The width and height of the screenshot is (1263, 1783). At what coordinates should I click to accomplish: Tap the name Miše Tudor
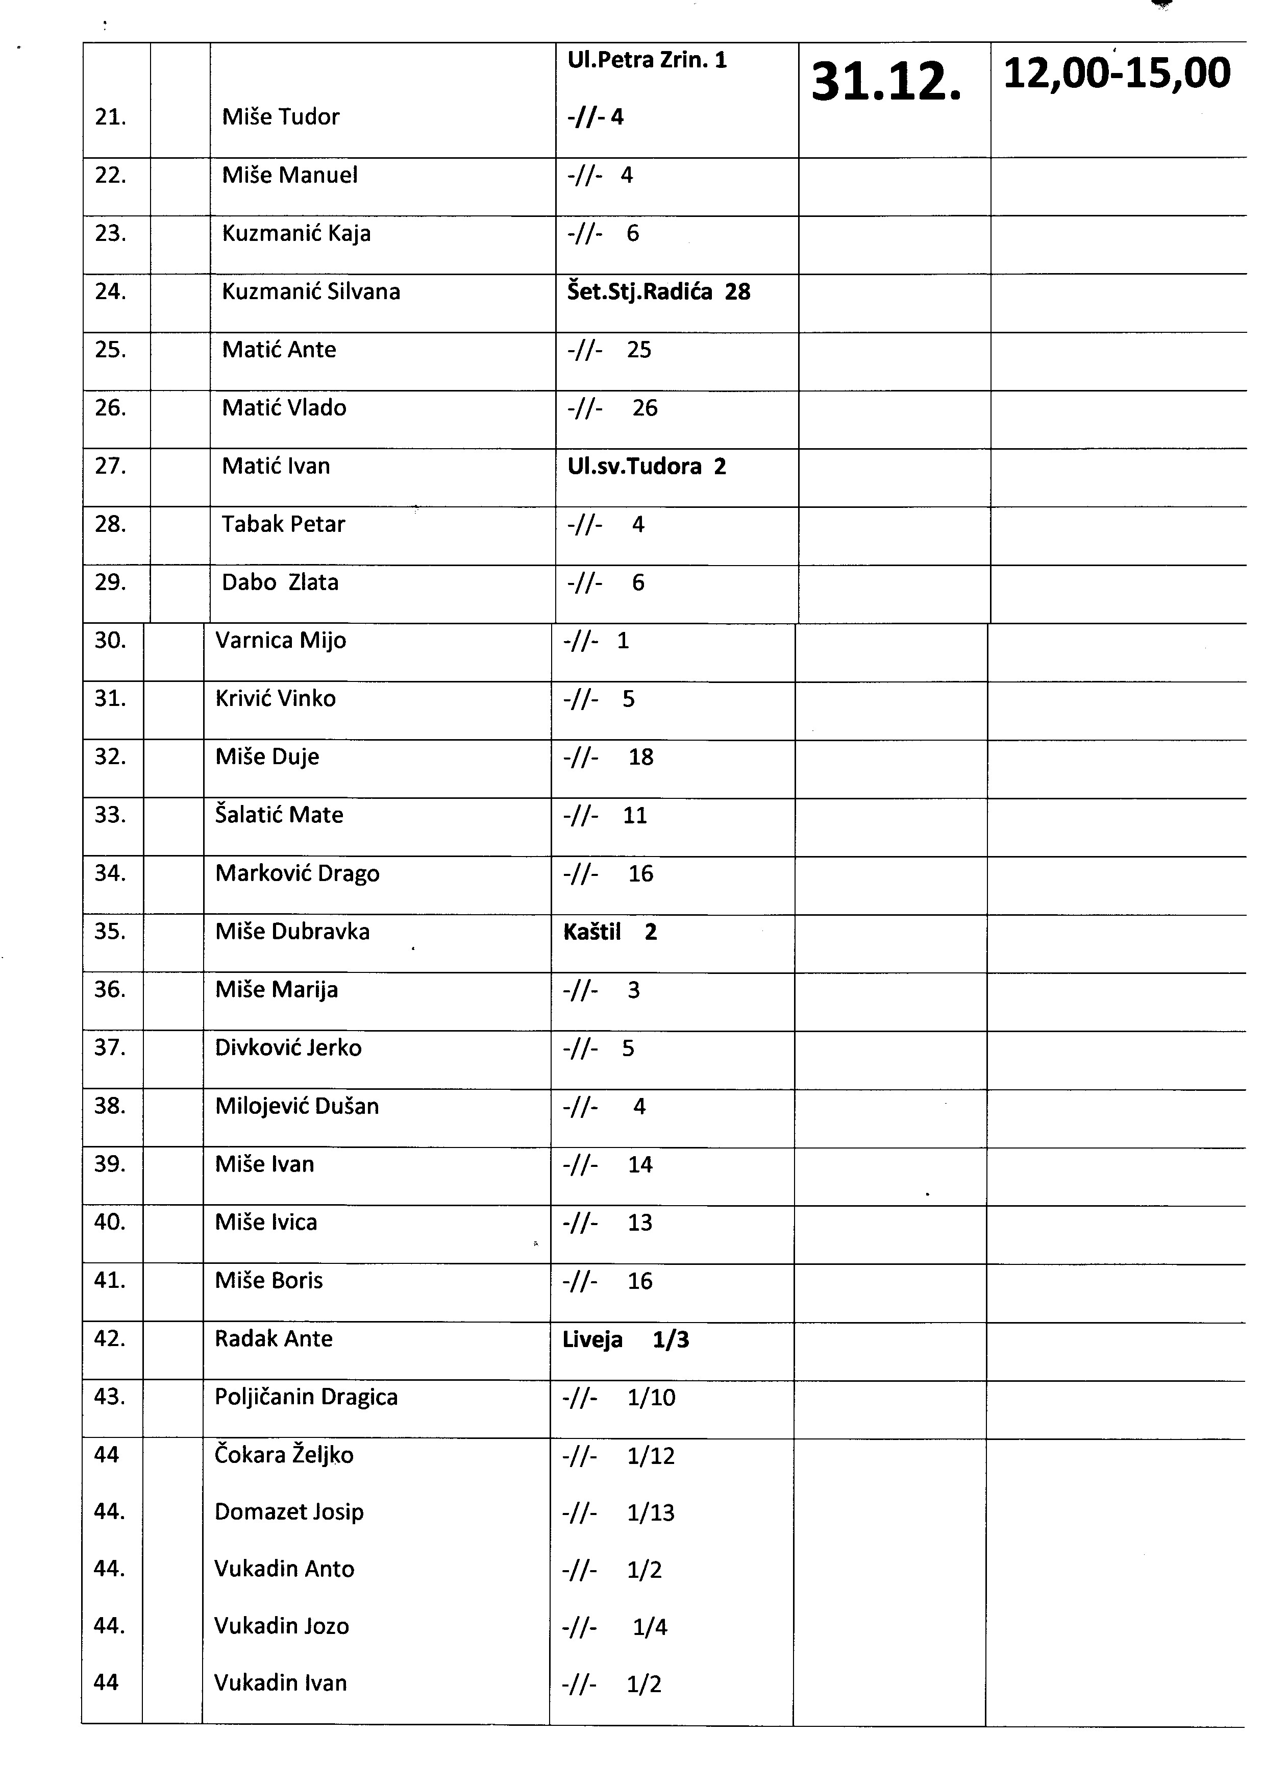pyautogui.click(x=281, y=117)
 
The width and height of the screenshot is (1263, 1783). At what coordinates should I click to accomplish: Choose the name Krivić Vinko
pyautogui.click(x=276, y=699)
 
